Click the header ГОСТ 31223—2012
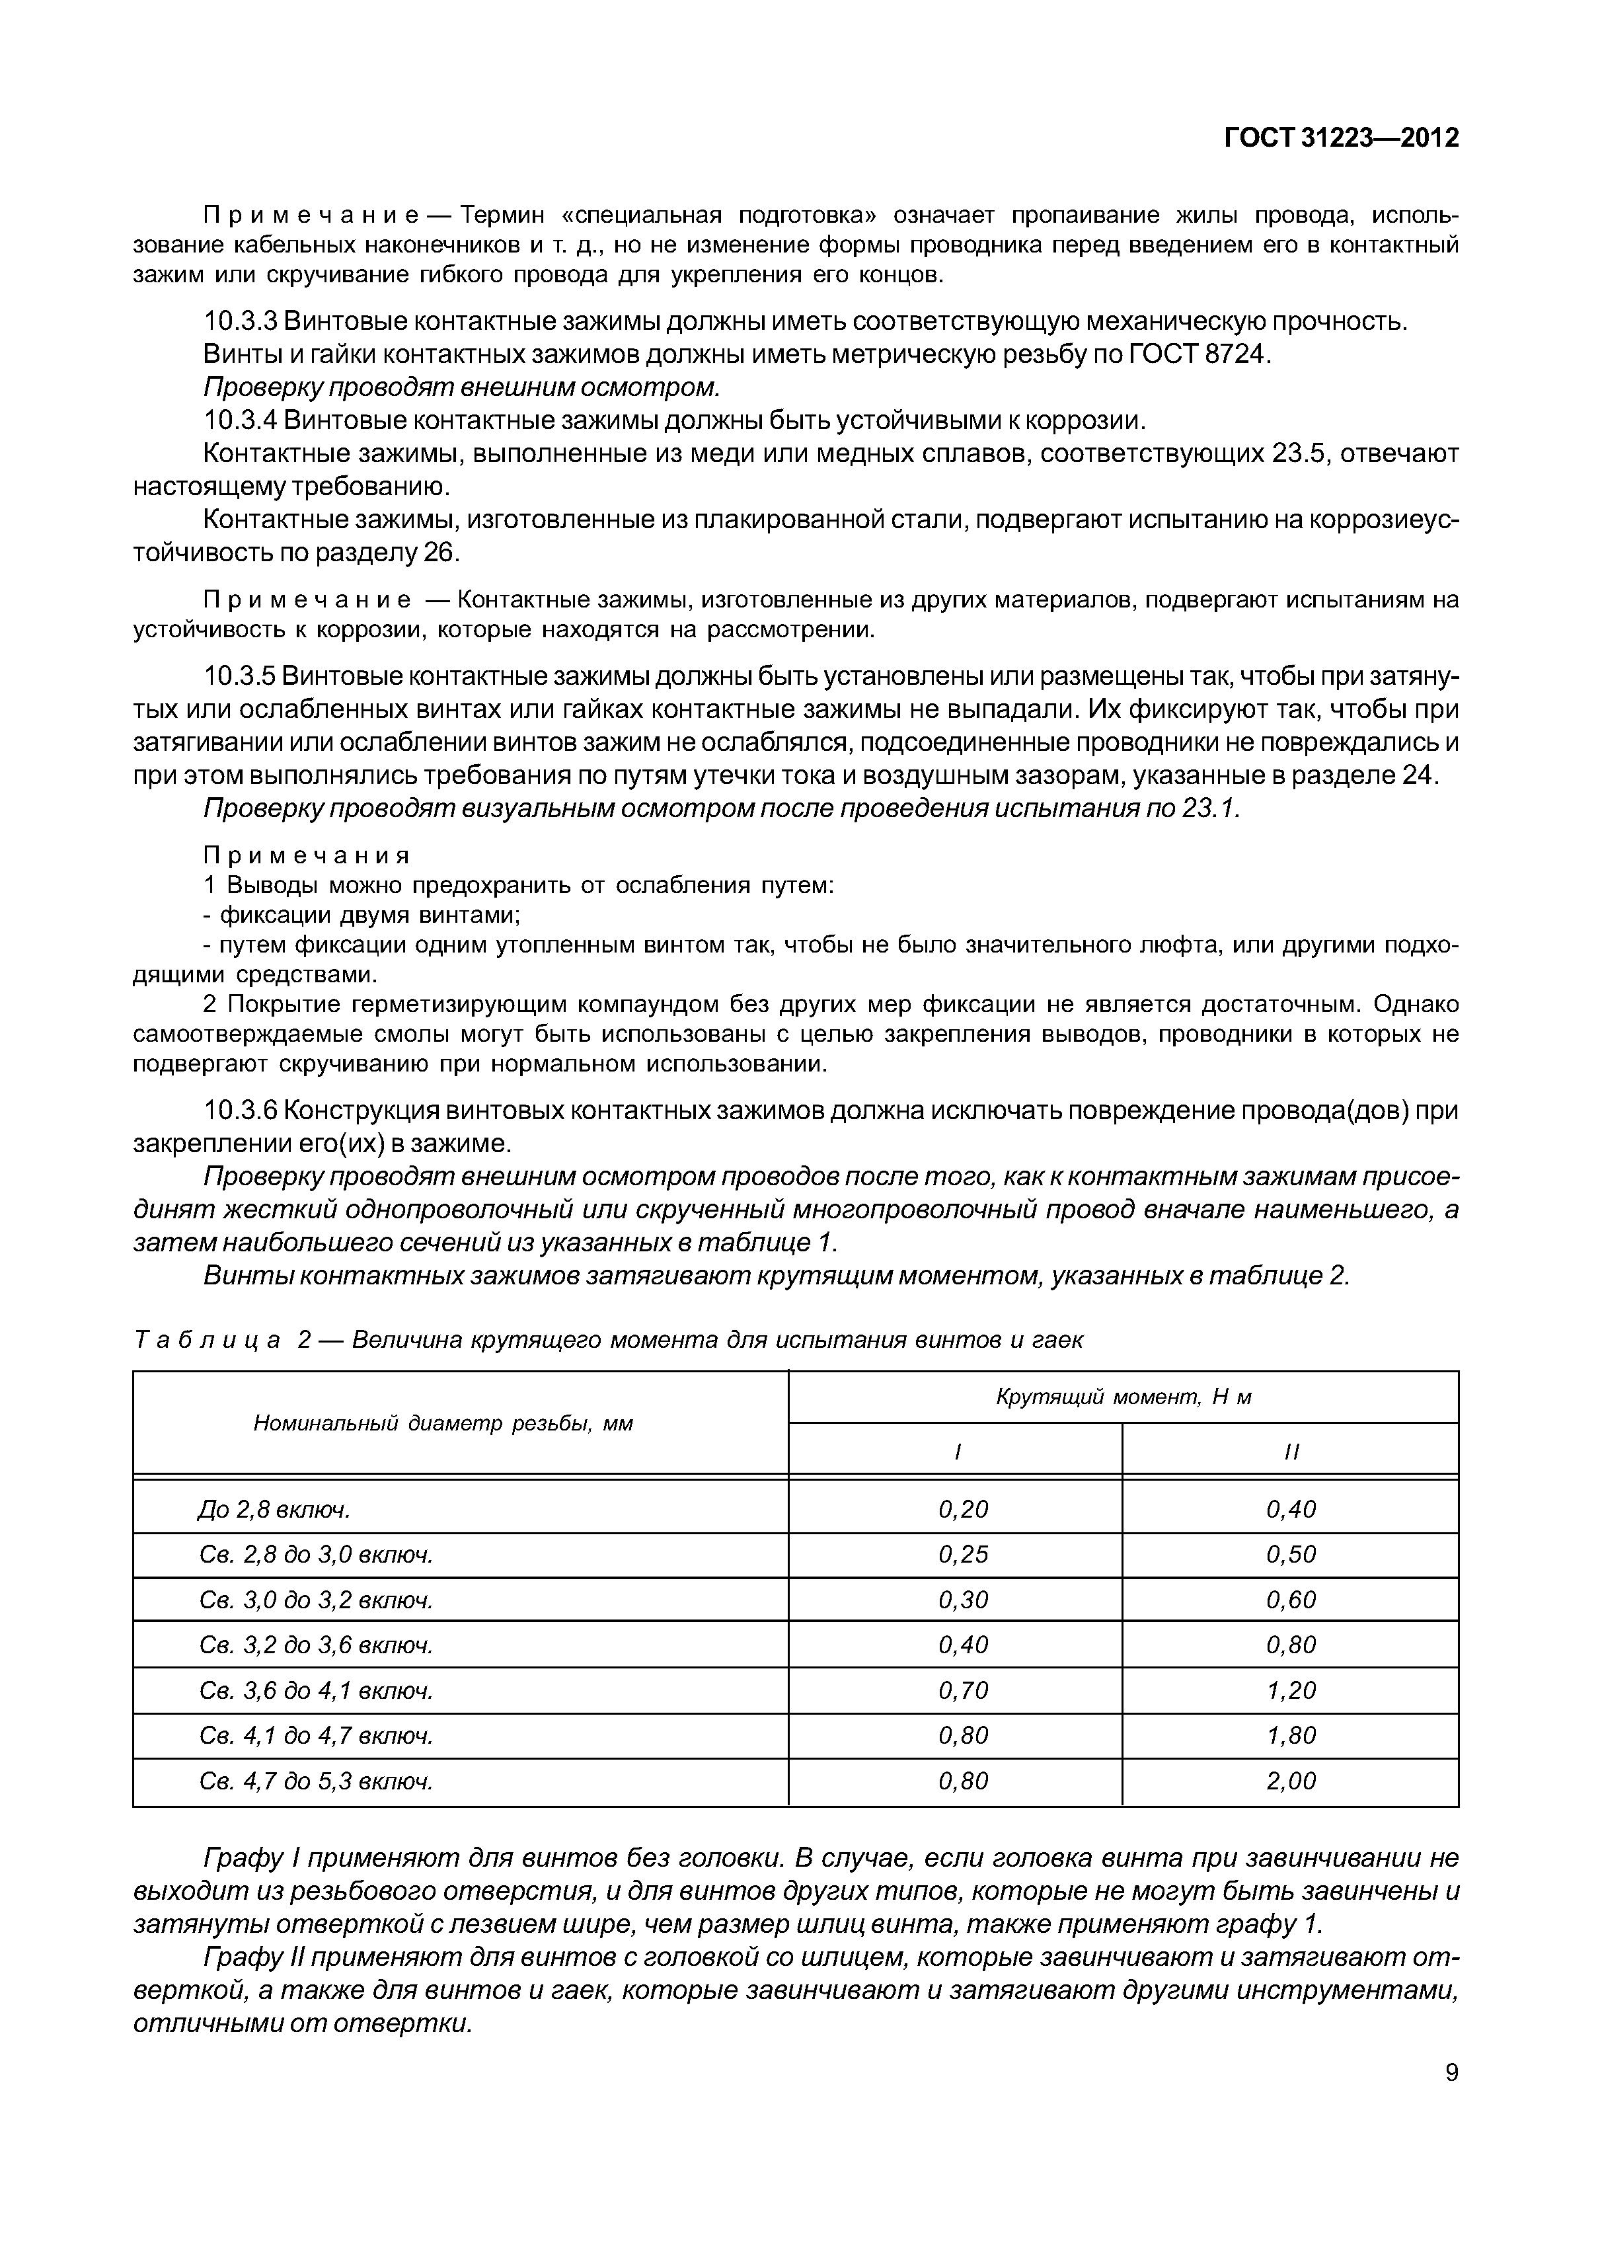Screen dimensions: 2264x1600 point(1341,139)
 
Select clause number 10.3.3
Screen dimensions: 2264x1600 point(241,321)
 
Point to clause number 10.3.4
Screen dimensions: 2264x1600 point(241,421)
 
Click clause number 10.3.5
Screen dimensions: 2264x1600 point(241,676)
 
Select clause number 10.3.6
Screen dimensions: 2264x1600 point(241,1111)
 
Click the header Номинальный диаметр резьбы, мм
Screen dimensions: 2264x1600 point(443,1423)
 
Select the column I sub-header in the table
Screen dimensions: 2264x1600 point(956,1452)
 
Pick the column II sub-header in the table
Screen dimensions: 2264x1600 point(1291,1452)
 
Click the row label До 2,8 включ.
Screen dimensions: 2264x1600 point(274,1510)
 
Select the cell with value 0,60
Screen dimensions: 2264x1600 point(1291,1600)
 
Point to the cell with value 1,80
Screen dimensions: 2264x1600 point(1291,1735)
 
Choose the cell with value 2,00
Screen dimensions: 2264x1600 point(1291,1781)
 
